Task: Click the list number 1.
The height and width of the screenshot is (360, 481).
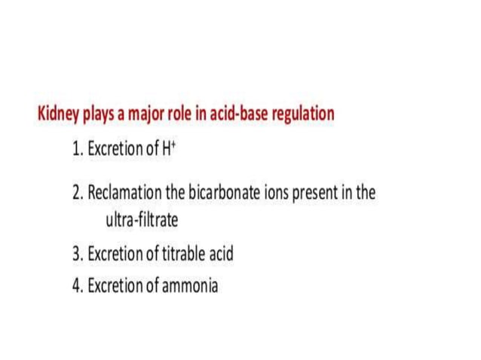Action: pyautogui.click(x=77, y=149)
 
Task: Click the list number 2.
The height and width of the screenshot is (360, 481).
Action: pyautogui.click(x=77, y=193)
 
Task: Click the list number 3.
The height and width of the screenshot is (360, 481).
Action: pyautogui.click(x=77, y=254)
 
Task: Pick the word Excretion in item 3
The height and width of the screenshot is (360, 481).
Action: pyautogui.click(x=115, y=254)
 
